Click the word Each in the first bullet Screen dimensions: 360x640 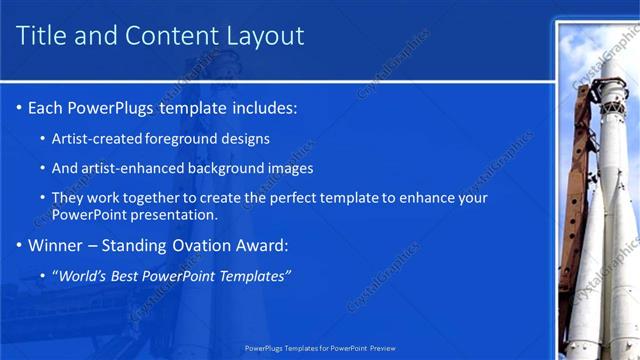(x=45, y=107)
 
